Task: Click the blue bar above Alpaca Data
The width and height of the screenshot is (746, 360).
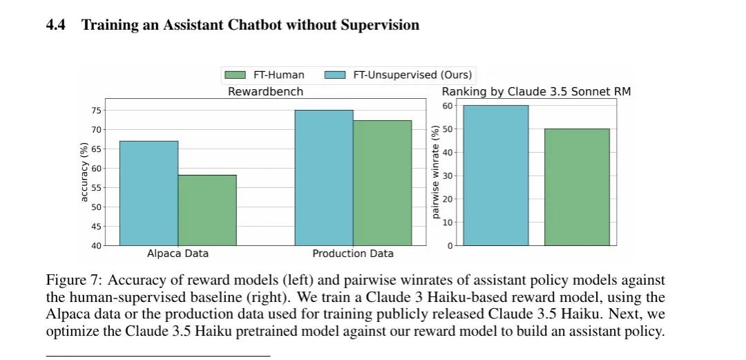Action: pyautogui.click(x=149, y=193)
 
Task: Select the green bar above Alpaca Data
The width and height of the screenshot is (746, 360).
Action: pyautogui.click(x=207, y=211)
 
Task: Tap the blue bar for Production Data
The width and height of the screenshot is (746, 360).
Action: pyautogui.click(x=324, y=178)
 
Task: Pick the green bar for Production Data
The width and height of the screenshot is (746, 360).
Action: pyautogui.click(x=383, y=183)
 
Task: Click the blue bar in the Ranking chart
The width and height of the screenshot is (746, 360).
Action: pyautogui.click(x=496, y=176)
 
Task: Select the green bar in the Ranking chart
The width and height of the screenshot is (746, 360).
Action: pyautogui.click(x=577, y=187)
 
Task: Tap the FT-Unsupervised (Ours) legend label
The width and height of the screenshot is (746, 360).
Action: pyautogui.click(x=412, y=75)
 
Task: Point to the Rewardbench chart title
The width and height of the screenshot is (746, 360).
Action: pyautogui.click(x=265, y=92)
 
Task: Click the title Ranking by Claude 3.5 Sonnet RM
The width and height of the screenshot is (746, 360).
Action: pyautogui.click(x=536, y=92)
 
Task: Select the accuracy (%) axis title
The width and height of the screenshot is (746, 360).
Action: pyautogui.click(x=84, y=172)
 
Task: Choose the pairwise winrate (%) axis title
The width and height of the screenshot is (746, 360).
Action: pyautogui.click(x=434, y=172)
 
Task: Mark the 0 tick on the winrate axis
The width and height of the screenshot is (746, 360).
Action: pyautogui.click(x=450, y=246)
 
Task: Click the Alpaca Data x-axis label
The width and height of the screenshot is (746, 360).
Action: pyautogui.click(x=178, y=254)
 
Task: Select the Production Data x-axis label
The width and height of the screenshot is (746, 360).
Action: pyautogui.click(x=353, y=254)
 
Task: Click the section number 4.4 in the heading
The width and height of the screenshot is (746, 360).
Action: pyautogui.click(x=56, y=26)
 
